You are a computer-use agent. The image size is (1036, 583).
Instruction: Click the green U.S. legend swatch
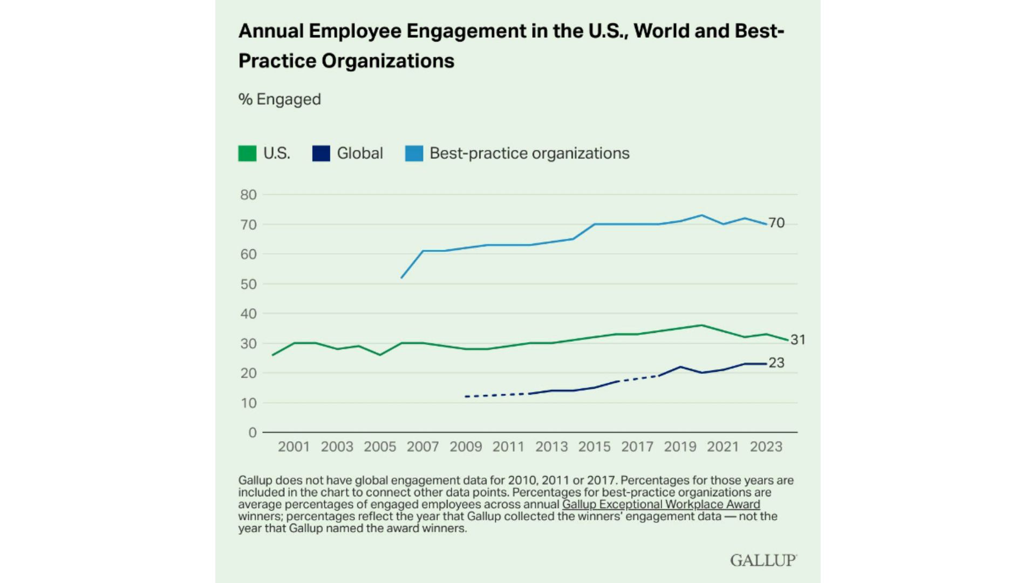click(x=247, y=153)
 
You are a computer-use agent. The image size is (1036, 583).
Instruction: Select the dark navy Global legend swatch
click(x=321, y=153)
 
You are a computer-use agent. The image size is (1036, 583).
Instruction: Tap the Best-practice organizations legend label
click(x=529, y=153)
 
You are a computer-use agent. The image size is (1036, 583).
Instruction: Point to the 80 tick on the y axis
click(x=248, y=195)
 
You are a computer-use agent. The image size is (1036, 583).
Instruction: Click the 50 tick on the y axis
click(x=248, y=284)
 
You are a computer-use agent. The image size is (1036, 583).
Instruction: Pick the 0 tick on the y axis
click(x=252, y=432)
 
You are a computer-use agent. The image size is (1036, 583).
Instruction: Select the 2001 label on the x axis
click(x=294, y=447)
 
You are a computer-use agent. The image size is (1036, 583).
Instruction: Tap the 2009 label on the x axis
click(x=466, y=447)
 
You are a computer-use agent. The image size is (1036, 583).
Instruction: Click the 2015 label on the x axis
click(x=594, y=447)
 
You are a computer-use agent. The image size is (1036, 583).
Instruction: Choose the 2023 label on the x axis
click(x=766, y=447)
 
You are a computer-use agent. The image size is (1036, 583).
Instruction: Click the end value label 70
click(x=776, y=223)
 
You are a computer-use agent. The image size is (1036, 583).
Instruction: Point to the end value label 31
click(x=798, y=340)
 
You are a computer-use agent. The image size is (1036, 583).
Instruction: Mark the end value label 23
click(x=776, y=363)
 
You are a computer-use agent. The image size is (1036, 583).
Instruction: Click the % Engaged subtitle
click(x=280, y=99)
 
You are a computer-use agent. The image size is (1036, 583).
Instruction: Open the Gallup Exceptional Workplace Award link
click(x=661, y=504)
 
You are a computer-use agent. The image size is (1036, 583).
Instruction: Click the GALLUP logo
click(x=763, y=560)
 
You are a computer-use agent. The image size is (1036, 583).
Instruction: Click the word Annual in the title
click(x=271, y=31)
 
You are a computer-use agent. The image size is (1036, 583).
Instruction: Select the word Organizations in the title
click(x=388, y=61)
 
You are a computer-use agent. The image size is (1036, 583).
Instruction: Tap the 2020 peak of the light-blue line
click(x=701, y=215)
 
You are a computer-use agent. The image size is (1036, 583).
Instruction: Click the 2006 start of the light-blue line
click(x=401, y=278)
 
